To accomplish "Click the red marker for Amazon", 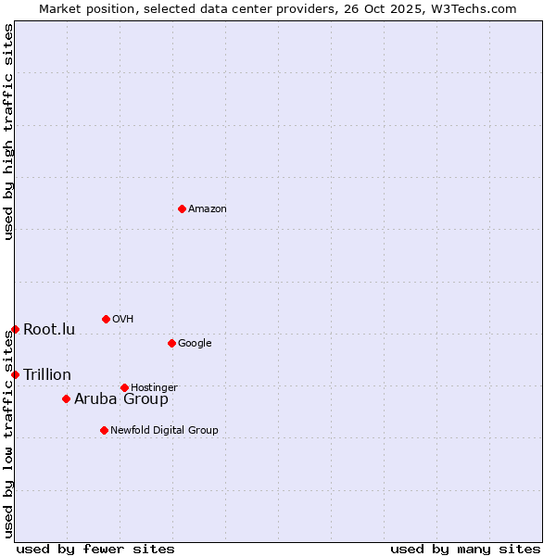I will click(182, 208).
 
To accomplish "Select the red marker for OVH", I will click(106, 319).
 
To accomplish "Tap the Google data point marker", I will click(171, 343).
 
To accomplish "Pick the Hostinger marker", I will click(124, 387).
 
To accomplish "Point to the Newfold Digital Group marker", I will click(104, 430).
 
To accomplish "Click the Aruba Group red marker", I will click(66, 398).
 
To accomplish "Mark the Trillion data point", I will click(15, 374).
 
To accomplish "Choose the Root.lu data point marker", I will click(15, 329).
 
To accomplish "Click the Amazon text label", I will click(208, 209).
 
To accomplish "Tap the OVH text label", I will click(123, 320).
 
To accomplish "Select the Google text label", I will click(195, 344).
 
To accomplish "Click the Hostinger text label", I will click(154, 387).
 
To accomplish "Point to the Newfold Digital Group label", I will click(164, 430).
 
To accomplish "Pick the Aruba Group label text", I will click(121, 399).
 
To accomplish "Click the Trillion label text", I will click(47, 374).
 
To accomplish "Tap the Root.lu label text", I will click(49, 330).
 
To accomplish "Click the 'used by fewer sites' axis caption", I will click(95, 549).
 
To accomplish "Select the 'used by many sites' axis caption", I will click(465, 549).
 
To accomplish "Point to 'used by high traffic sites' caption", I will click(8, 132).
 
